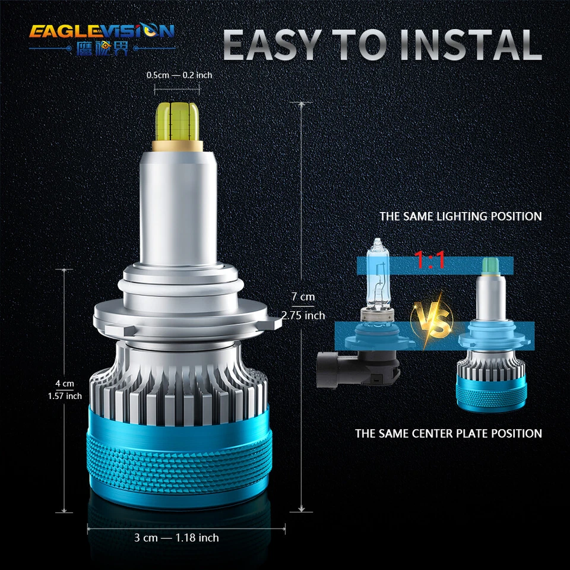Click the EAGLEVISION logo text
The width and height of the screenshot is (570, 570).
coord(102,30)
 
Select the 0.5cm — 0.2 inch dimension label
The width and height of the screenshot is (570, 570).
coord(179,75)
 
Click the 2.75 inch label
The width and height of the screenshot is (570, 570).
coord(303,315)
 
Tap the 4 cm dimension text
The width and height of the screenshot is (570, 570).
coord(65,383)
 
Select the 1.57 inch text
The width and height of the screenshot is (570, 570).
coord(65,395)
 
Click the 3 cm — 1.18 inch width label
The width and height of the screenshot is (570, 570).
coord(176,537)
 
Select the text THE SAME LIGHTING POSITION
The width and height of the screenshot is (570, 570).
coord(460,216)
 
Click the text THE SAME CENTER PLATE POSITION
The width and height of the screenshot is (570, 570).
coord(448,433)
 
